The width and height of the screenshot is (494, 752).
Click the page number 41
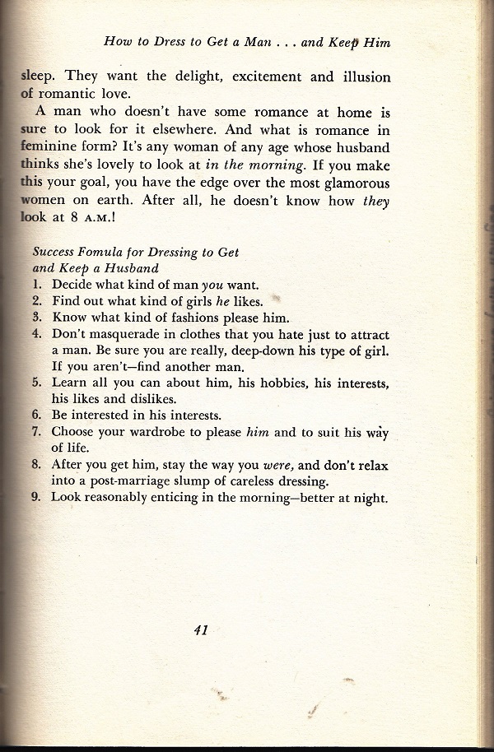200,631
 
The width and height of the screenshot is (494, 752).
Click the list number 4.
36,335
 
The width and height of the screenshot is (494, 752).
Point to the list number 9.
36,497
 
